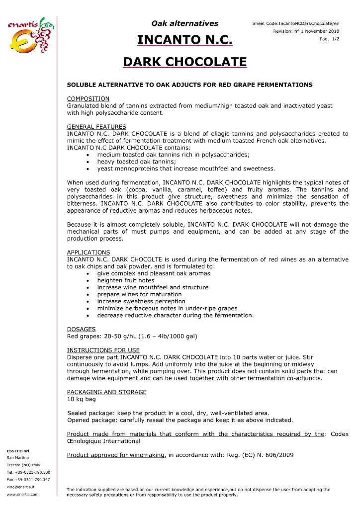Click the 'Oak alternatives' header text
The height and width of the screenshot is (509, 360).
tap(185, 23)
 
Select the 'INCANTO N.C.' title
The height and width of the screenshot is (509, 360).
tap(185, 39)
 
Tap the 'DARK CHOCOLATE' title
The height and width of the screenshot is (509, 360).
tap(185, 62)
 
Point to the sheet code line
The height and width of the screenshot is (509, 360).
tap(296, 23)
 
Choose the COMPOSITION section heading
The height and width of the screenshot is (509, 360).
tap(88, 98)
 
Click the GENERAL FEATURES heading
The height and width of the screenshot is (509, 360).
tap(96, 127)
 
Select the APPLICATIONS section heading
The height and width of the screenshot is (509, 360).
tap(89, 253)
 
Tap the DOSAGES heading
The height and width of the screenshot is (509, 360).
tap(82, 329)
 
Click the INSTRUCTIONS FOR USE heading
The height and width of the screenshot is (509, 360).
tap(103, 350)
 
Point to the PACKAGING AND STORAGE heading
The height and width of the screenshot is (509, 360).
tap(107, 392)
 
